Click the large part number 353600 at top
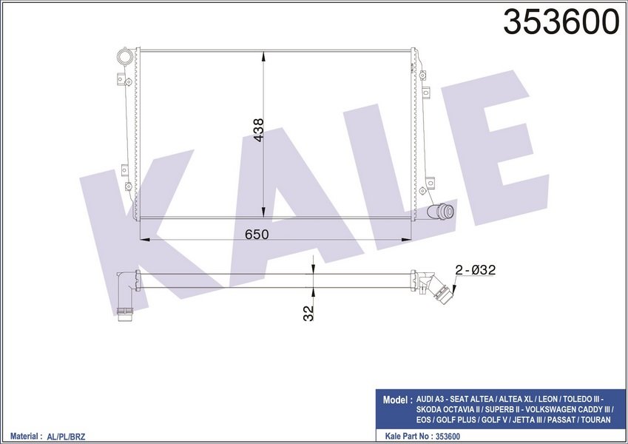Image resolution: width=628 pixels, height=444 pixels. pyautogui.click(x=561, y=22)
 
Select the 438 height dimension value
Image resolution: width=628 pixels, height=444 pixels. pyautogui.click(x=258, y=129)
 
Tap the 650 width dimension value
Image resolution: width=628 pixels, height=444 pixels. pyautogui.click(x=257, y=235)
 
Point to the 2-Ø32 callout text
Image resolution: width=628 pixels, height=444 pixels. pyautogui.click(x=476, y=270)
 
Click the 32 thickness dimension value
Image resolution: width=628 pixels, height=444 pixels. pyautogui.click(x=308, y=313)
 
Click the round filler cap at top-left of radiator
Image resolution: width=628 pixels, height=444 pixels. pyautogui.click(x=124, y=56)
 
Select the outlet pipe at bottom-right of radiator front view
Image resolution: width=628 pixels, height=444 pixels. pyautogui.click(x=440, y=211)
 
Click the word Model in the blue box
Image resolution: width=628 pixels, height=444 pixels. pyautogui.click(x=394, y=400)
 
